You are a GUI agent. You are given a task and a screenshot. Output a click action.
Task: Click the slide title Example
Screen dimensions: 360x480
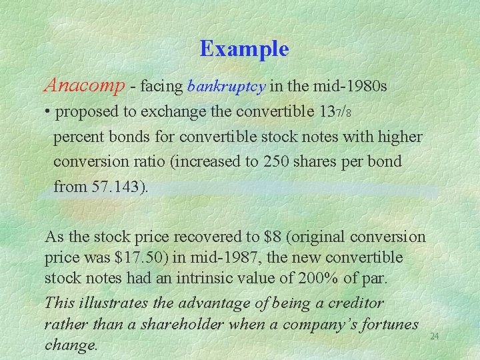click(244, 49)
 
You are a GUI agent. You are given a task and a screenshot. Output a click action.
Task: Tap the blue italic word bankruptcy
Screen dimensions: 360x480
click(227, 86)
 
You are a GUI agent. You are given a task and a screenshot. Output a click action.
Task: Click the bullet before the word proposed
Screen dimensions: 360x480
click(48, 111)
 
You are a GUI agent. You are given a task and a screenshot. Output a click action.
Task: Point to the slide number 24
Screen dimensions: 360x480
click(434, 336)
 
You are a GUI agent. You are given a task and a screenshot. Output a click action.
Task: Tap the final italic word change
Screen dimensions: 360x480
click(70, 345)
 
